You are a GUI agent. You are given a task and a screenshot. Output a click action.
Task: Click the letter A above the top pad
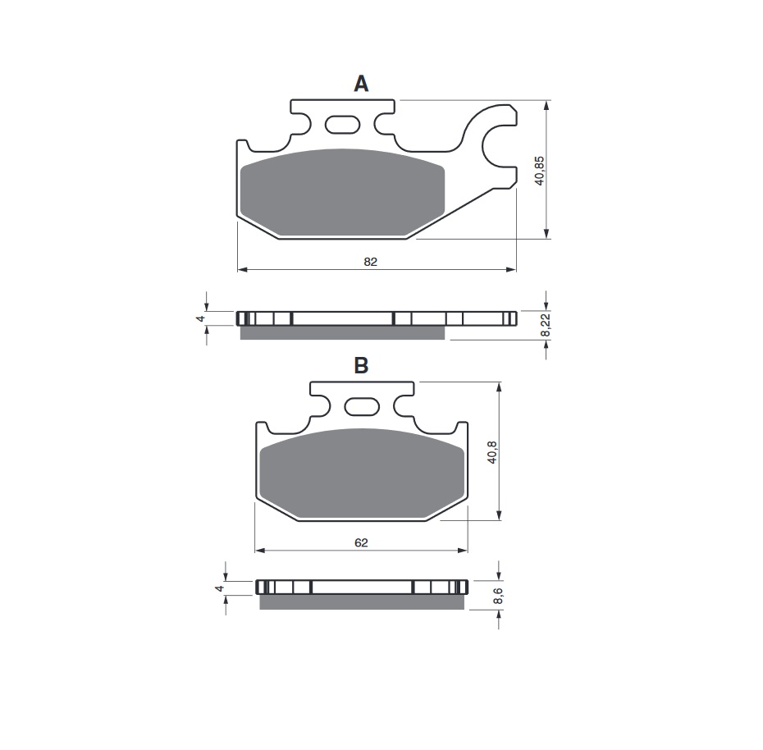[x=361, y=84]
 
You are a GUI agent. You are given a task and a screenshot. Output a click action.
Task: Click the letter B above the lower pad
[x=361, y=366]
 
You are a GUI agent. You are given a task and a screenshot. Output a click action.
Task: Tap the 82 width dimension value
[x=370, y=262]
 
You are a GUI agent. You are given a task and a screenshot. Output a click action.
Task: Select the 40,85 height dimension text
[x=539, y=169]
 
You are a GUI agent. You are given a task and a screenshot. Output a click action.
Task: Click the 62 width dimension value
[x=362, y=542]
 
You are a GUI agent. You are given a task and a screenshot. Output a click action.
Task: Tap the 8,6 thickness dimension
[x=497, y=597]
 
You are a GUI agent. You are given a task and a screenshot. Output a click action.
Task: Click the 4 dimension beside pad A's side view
[x=199, y=318]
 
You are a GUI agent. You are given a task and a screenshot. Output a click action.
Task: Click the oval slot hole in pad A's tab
[x=343, y=125]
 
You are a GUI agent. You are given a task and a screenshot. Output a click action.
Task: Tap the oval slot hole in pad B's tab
[x=362, y=406]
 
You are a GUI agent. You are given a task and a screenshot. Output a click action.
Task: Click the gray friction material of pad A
[x=343, y=193]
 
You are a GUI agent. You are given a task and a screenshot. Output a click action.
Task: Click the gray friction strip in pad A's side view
[x=342, y=332]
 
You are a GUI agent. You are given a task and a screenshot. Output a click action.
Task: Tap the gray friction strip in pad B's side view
[x=361, y=602]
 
